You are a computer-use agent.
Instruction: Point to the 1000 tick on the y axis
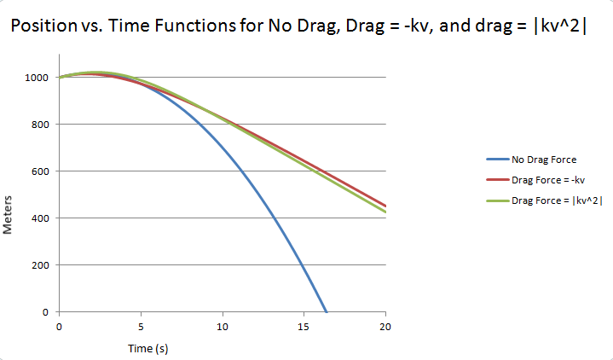(x=38, y=78)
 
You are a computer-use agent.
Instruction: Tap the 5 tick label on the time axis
(x=141, y=327)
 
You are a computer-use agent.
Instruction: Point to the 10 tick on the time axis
(x=223, y=327)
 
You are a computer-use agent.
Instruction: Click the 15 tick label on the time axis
(x=304, y=327)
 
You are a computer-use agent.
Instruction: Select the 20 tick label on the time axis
(x=386, y=327)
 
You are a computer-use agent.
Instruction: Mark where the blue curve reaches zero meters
(x=327, y=311)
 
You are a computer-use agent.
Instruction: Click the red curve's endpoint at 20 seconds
(x=386, y=206)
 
